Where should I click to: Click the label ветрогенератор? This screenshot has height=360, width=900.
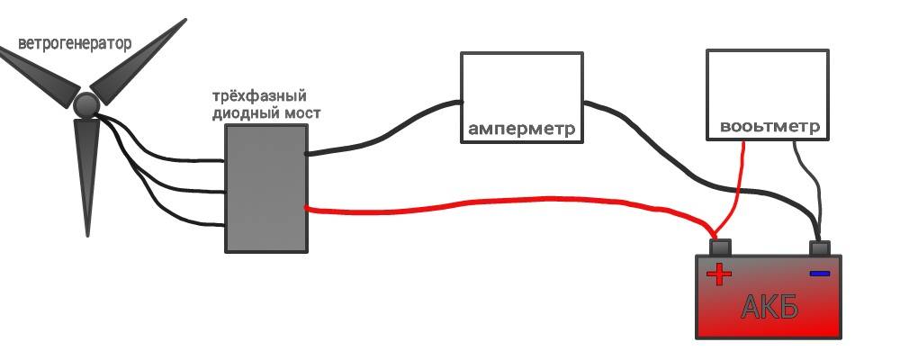pyautogui.click(x=74, y=43)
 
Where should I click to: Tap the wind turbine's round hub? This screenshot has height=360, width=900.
pyautogui.click(x=85, y=106)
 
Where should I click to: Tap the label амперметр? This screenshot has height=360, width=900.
pyautogui.click(x=521, y=129)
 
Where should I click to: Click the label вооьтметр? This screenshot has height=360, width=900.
pyautogui.click(x=769, y=127)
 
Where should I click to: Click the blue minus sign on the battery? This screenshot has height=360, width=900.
pyautogui.click(x=819, y=273)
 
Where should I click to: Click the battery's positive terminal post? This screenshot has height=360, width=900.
pyautogui.click(x=722, y=247)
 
